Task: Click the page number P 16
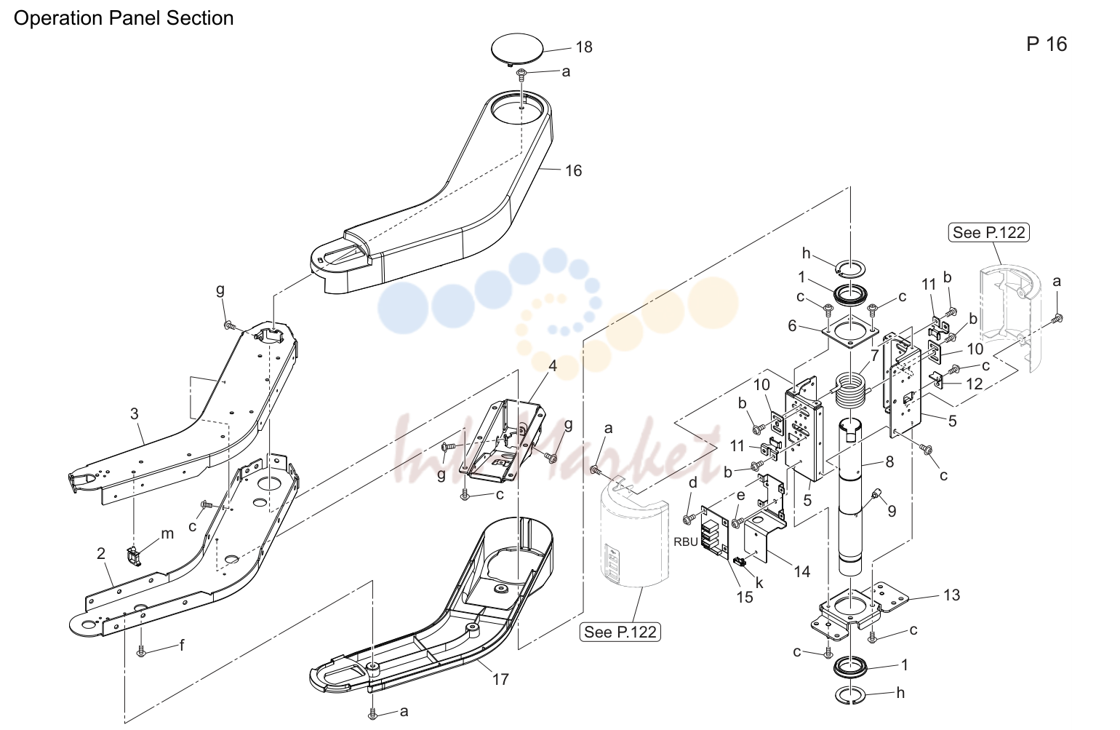pos(1047,44)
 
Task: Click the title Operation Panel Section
pos(124,18)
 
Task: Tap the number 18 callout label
pos(584,47)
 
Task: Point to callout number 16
pos(574,171)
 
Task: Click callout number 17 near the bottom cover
pos(500,680)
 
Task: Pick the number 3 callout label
pos(134,414)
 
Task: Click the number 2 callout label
pos(101,553)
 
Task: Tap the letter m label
pos(167,534)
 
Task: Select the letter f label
pos(182,646)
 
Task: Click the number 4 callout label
pos(553,366)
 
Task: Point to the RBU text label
pos(686,542)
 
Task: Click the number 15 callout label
pos(745,597)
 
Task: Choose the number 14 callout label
pos(802,571)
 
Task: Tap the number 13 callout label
pos(952,595)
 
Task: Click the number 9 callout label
pos(892,511)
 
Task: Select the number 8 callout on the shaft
pos(889,462)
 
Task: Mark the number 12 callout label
pos(975,384)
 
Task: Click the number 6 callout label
pos(792,326)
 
